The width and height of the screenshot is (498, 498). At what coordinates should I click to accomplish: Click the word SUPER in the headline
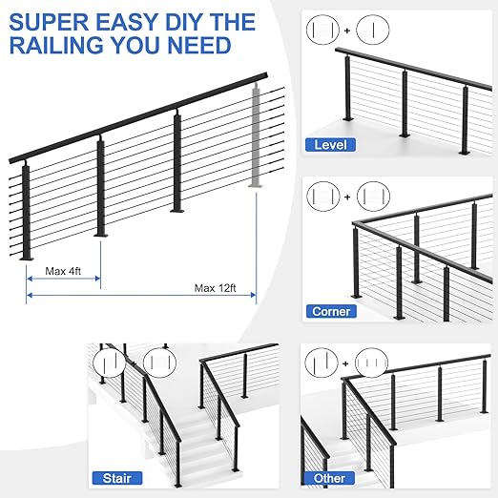click(47, 21)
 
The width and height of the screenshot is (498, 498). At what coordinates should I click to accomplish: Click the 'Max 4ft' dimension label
click(64, 272)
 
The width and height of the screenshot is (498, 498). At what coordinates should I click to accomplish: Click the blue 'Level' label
click(330, 145)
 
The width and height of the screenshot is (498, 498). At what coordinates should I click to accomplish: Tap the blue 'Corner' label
click(331, 311)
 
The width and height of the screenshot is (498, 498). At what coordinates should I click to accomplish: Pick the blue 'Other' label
click(330, 477)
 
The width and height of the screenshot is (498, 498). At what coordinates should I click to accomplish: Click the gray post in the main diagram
click(256, 134)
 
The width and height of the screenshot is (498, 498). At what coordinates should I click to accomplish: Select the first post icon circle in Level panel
click(321, 31)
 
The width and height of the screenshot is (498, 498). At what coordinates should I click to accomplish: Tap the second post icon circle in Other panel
click(370, 363)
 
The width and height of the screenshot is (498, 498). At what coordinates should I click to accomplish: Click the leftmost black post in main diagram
click(26, 210)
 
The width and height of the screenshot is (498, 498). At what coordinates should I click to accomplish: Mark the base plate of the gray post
click(256, 186)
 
